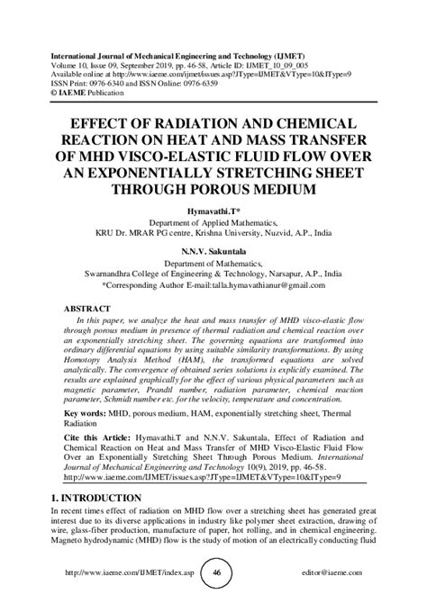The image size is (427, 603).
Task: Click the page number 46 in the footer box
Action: [216, 571]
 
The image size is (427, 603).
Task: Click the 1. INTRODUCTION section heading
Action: [97, 498]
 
